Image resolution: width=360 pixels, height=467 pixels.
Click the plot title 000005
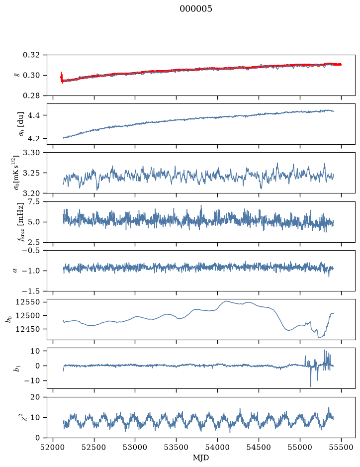tap(195, 8)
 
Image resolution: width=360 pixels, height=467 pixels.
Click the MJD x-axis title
tap(201, 458)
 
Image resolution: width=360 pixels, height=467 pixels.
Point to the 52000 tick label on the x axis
tap(53, 447)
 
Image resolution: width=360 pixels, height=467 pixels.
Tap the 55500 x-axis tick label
tap(341, 447)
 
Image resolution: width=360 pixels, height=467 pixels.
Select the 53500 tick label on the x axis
tap(177, 447)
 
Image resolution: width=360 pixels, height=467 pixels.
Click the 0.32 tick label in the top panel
tap(31, 55)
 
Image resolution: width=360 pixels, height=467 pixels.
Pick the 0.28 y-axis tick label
tap(31, 95)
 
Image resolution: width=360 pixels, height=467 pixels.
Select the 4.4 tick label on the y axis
tap(33, 115)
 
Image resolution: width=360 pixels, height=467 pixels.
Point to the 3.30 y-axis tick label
tap(31, 153)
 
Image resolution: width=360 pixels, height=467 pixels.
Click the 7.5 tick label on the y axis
tap(33, 201)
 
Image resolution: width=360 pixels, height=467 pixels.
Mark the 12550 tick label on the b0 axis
tap(27, 302)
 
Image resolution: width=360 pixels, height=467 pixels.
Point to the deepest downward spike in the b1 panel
tap(311, 386)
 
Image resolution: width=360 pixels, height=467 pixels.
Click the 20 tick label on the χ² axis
tap(35, 397)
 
